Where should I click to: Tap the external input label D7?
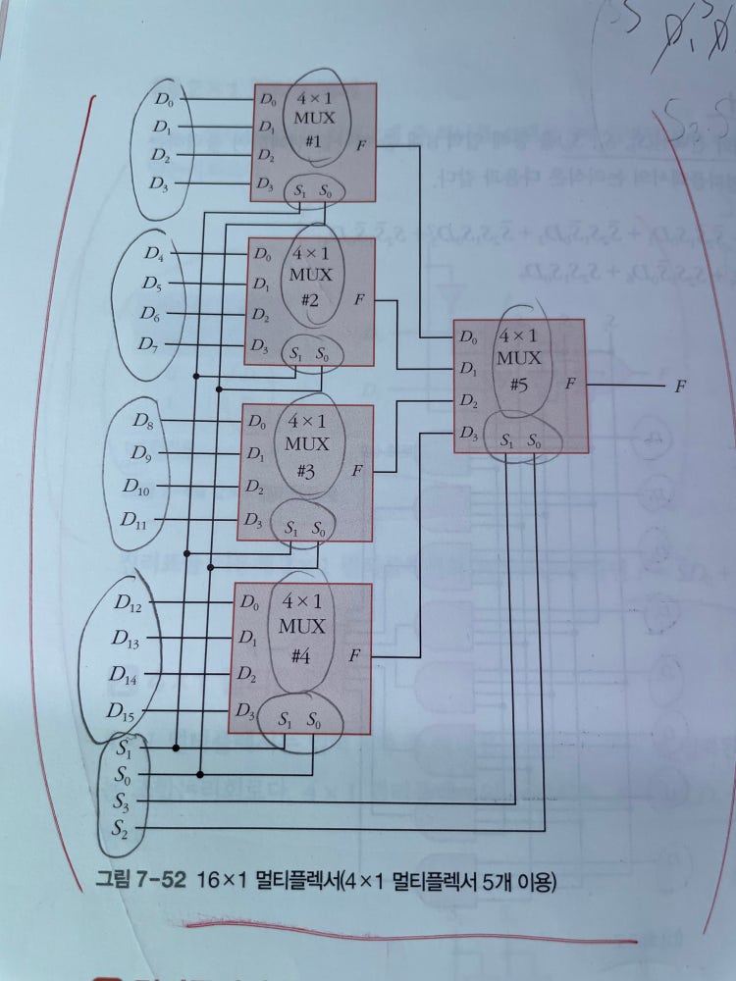coord(150,344)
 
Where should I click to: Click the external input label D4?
coord(153,254)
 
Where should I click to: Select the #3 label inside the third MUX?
coord(305,471)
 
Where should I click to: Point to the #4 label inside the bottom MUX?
coord(300,657)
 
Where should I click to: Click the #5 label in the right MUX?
coord(519,384)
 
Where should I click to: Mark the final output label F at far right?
coord(679,387)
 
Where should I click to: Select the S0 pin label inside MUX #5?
coord(535,442)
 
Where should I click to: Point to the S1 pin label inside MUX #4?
coord(285,720)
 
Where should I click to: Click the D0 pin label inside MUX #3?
coord(256,424)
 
